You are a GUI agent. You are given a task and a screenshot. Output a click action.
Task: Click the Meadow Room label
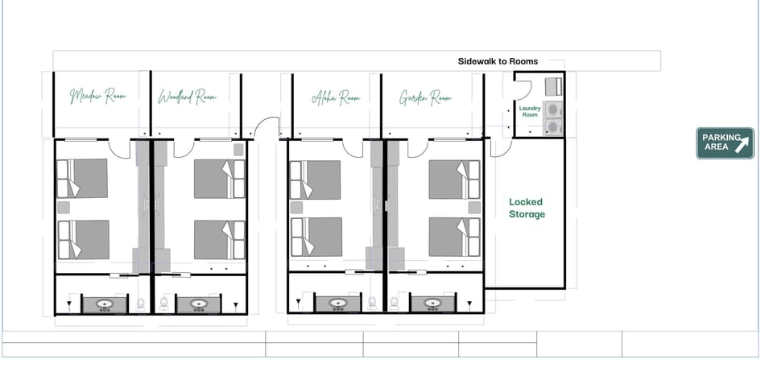click(98, 97)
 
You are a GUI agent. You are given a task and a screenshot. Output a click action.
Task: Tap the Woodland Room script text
click(188, 97)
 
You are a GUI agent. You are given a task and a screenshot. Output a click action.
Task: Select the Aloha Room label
click(336, 97)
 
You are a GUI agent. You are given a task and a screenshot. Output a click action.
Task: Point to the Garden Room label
click(425, 97)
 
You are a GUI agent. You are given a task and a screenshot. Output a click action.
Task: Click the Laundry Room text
click(529, 111)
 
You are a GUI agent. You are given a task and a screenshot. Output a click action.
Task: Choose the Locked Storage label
click(527, 208)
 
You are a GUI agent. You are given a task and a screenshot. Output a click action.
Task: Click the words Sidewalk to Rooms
click(498, 61)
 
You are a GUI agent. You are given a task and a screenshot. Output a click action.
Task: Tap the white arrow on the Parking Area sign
click(742, 144)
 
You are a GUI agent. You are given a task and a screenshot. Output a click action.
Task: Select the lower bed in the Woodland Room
click(218, 239)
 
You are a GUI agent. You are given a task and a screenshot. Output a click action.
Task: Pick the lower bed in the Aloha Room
click(316, 237)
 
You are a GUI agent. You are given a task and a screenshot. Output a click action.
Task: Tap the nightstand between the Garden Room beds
click(474, 208)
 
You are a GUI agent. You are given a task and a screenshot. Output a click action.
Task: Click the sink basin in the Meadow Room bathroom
click(105, 304)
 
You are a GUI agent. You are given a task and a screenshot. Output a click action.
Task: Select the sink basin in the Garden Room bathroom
click(433, 304)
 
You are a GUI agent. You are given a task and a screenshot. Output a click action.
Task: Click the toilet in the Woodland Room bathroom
click(163, 303)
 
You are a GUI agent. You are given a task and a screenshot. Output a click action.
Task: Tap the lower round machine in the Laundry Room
click(552, 126)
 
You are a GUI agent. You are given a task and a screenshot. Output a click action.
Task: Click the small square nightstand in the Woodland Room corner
click(238, 149)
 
